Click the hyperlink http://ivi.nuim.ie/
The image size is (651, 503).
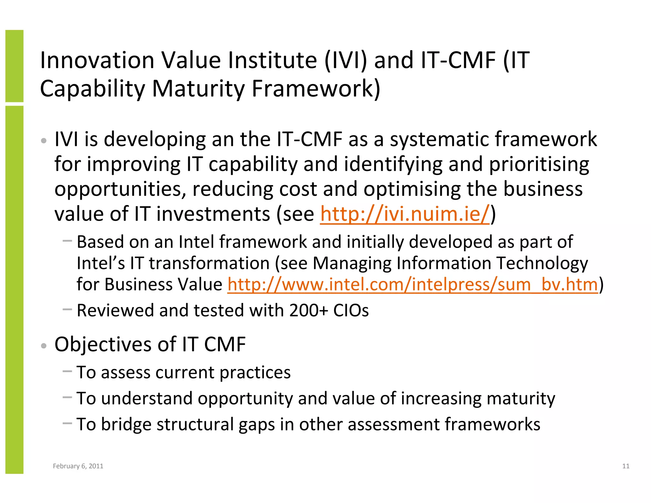click(x=404, y=214)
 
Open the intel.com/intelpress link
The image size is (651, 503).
click(x=412, y=284)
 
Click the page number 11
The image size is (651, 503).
click(x=626, y=466)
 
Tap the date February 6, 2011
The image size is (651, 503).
click(x=78, y=466)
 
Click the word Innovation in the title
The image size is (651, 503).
click(x=97, y=60)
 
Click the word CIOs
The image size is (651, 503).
click(x=351, y=310)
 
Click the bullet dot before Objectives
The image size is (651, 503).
click(x=44, y=346)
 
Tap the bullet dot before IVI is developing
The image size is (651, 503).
click(x=44, y=141)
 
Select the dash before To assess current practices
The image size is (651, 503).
click(x=67, y=371)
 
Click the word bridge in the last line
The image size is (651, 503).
click(x=126, y=424)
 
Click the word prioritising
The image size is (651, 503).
click(x=539, y=164)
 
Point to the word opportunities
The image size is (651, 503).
click(x=120, y=189)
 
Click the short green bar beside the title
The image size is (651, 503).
click(x=14, y=66)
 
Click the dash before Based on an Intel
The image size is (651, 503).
click(x=67, y=241)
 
